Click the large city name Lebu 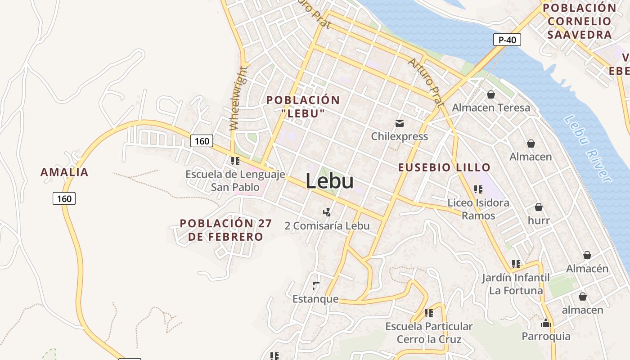click(x=329, y=181)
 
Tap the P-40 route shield click(x=507, y=40)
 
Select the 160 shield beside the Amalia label click(x=64, y=198)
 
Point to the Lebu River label click(x=588, y=148)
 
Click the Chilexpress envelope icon click(x=399, y=123)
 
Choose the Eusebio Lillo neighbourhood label click(x=444, y=167)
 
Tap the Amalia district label click(x=64, y=172)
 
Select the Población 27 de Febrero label click(x=225, y=230)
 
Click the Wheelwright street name click(x=238, y=98)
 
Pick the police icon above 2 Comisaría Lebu click(x=327, y=212)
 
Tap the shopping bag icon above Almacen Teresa click(x=490, y=94)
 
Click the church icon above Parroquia click(x=546, y=323)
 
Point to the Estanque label click(x=315, y=299)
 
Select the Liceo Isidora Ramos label click(x=478, y=209)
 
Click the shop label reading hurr click(x=539, y=220)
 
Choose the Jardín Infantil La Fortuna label click(x=516, y=284)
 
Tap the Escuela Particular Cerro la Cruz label click(x=429, y=332)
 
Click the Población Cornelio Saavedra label click(x=580, y=21)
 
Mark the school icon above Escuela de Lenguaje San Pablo click(x=235, y=161)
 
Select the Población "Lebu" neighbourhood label click(x=303, y=106)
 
